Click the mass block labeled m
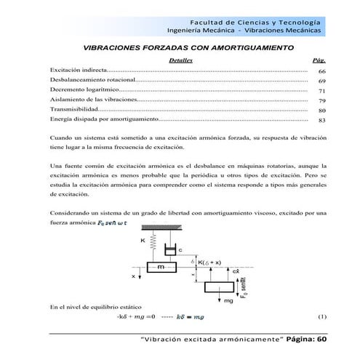click(x=160, y=268)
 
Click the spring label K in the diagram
click(x=142, y=240)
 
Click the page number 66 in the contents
click(x=321, y=71)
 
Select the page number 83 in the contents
click(x=321, y=120)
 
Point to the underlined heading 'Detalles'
click(x=180, y=61)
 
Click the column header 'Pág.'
click(x=318, y=61)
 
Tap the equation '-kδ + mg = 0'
click(x=136, y=317)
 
